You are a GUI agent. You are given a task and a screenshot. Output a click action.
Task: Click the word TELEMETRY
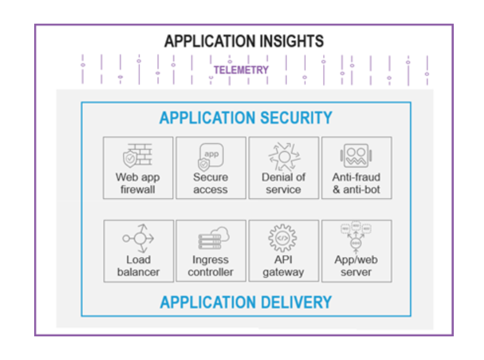pyautogui.click(x=241, y=70)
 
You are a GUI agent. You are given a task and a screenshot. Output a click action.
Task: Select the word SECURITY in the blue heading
pyautogui.click(x=296, y=118)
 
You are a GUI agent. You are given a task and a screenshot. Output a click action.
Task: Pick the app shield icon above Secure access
pyautogui.click(x=210, y=156)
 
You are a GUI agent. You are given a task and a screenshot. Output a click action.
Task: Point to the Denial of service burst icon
pyautogui.click(x=284, y=157)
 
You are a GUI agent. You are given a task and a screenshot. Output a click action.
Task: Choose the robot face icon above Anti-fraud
pyautogui.click(x=356, y=155)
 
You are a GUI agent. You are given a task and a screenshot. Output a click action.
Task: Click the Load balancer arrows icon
pyautogui.click(x=138, y=238)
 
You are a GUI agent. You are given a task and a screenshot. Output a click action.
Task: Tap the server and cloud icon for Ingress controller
pyautogui.click(x=214, y=238)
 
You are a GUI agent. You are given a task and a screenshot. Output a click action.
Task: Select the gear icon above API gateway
pyautogui.click(x=282, y=238)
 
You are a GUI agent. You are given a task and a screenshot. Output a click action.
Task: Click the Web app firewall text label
pyautogui.click(x=138, y=183)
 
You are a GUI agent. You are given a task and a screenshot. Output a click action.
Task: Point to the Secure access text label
pyautogui.click(x=210, y=183)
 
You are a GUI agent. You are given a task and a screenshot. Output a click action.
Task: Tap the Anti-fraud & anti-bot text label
pyautogui.click(x=356, y=183)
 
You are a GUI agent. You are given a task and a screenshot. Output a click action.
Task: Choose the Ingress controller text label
pyautogui.click(x=210, y=266)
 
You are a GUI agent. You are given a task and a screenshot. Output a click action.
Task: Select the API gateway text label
pyautogui.click(x=283, y=266)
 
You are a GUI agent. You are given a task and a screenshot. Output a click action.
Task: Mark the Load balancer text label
pyautogui.click(x=138, y=266)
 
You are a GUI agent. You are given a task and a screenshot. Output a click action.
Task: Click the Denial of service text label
pyautogui.click(x=283, y=183)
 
